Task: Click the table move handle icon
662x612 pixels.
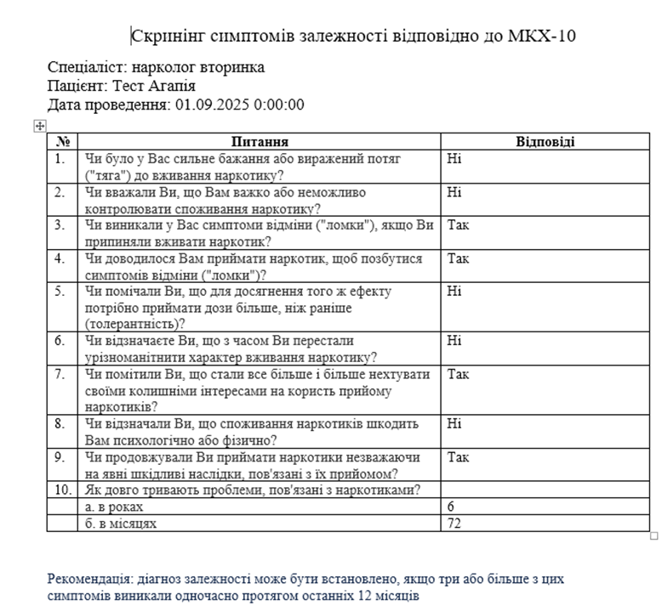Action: [x=38, y=126]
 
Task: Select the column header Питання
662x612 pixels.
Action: [x=260, y=142]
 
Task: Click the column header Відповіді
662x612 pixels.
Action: [x=545, y=142]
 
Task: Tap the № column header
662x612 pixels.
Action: [x=62, y=142]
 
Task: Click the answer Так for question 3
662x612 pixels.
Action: [x=458, y=225]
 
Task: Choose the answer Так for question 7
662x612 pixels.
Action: [x=458, y=374]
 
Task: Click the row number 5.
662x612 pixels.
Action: [x=59, y=292]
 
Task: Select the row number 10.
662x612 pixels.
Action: [x=62, y=490]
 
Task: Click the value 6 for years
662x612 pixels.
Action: [x=451, y=507]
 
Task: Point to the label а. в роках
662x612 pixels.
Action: [x=119, y=507]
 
